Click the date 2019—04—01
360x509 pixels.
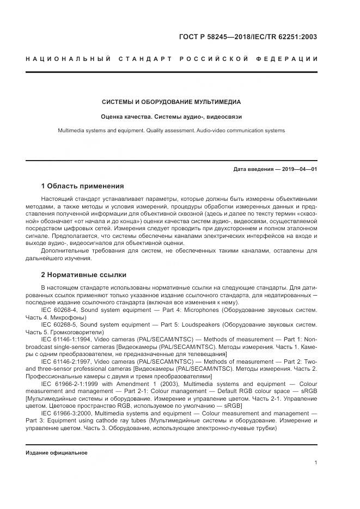(298, 169)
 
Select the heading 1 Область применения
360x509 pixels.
(82, 186)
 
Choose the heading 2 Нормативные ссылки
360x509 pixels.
(83, 274)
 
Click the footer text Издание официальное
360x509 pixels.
(57, 452)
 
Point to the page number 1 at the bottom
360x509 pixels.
(316, 463)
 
